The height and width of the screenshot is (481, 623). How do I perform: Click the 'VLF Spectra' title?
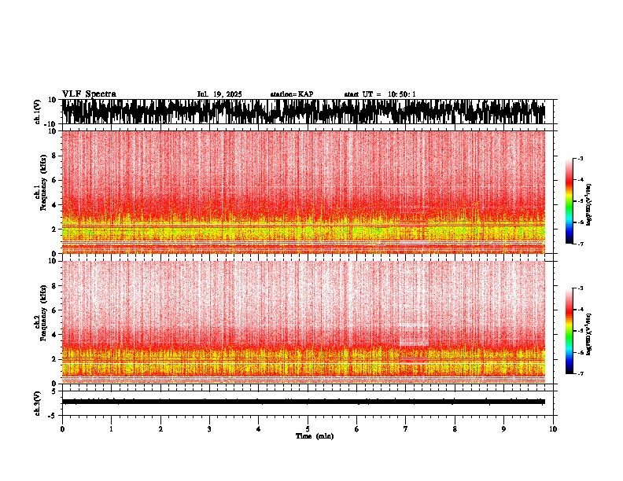coord(89,94)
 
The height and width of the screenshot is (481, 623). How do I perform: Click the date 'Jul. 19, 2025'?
coord(219,94)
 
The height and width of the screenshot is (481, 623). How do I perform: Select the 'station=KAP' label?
coord(292,94)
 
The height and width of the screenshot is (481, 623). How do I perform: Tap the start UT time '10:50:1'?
coord(400,94)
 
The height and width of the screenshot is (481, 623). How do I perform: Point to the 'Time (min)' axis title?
coord(314,436)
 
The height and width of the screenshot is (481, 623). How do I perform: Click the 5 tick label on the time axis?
coord(308,429)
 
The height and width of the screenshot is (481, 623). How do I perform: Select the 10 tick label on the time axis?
coord(553,429)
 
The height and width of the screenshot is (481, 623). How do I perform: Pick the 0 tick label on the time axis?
coord(62,429)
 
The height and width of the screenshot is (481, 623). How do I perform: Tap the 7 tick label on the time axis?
coord(406,429)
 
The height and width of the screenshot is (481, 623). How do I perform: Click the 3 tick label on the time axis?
coord(209,429)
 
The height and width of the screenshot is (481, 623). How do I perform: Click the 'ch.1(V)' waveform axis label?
coord(38,112)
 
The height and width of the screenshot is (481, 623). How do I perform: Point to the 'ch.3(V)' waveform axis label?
coord(38,402)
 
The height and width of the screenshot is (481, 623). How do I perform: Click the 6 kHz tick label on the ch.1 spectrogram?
coord(55,180)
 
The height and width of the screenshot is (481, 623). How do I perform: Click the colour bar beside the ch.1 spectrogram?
coord(570,201)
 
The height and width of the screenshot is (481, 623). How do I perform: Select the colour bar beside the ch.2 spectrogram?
coord(570,331)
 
